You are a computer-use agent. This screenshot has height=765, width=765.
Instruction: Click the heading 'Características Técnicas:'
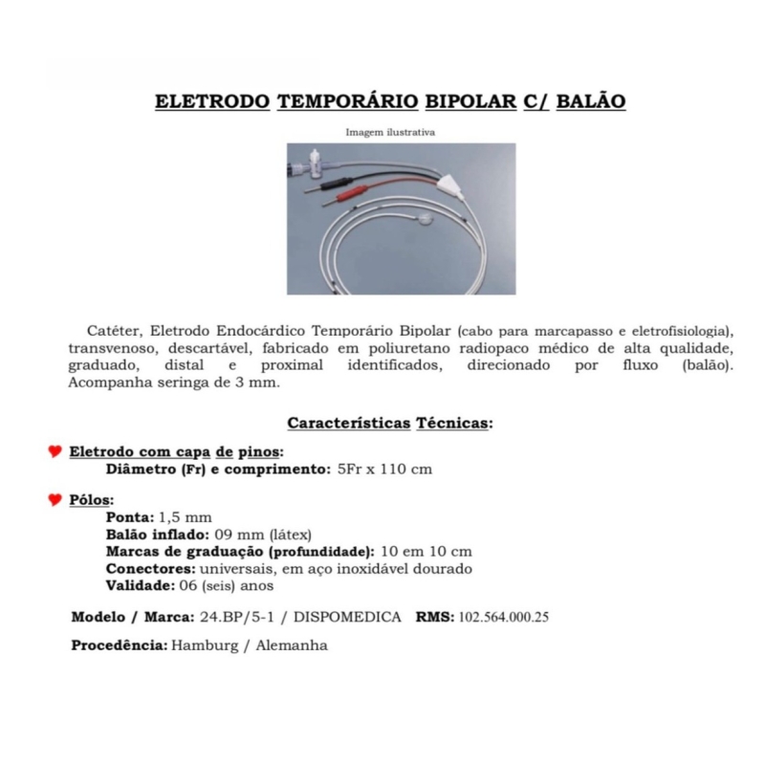389,423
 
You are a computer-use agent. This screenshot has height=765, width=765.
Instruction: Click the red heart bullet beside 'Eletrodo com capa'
55,451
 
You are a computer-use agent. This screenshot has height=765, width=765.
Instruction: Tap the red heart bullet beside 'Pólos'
55,500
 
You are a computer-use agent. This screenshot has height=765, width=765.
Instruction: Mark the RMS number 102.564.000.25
504,617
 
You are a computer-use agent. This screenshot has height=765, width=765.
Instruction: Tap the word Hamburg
204,645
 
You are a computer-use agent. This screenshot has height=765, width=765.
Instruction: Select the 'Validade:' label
140,585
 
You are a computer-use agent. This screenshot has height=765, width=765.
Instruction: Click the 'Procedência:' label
119,645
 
